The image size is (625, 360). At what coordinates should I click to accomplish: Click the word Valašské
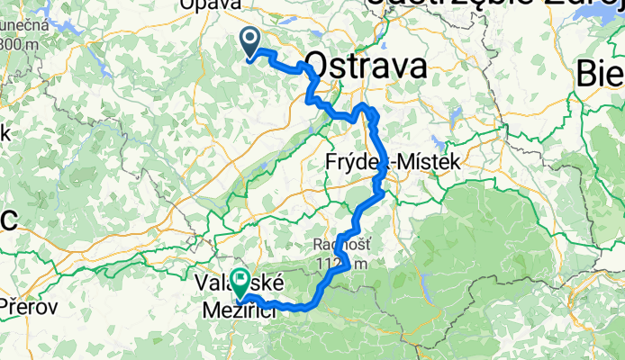click(x=231, y=282)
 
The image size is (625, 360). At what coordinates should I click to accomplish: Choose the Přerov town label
click(x=30, y=306)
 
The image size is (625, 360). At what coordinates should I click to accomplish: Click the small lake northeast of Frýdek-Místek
click(x=439, y=142)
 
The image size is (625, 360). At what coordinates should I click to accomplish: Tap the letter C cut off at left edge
click(x=6, y=220)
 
